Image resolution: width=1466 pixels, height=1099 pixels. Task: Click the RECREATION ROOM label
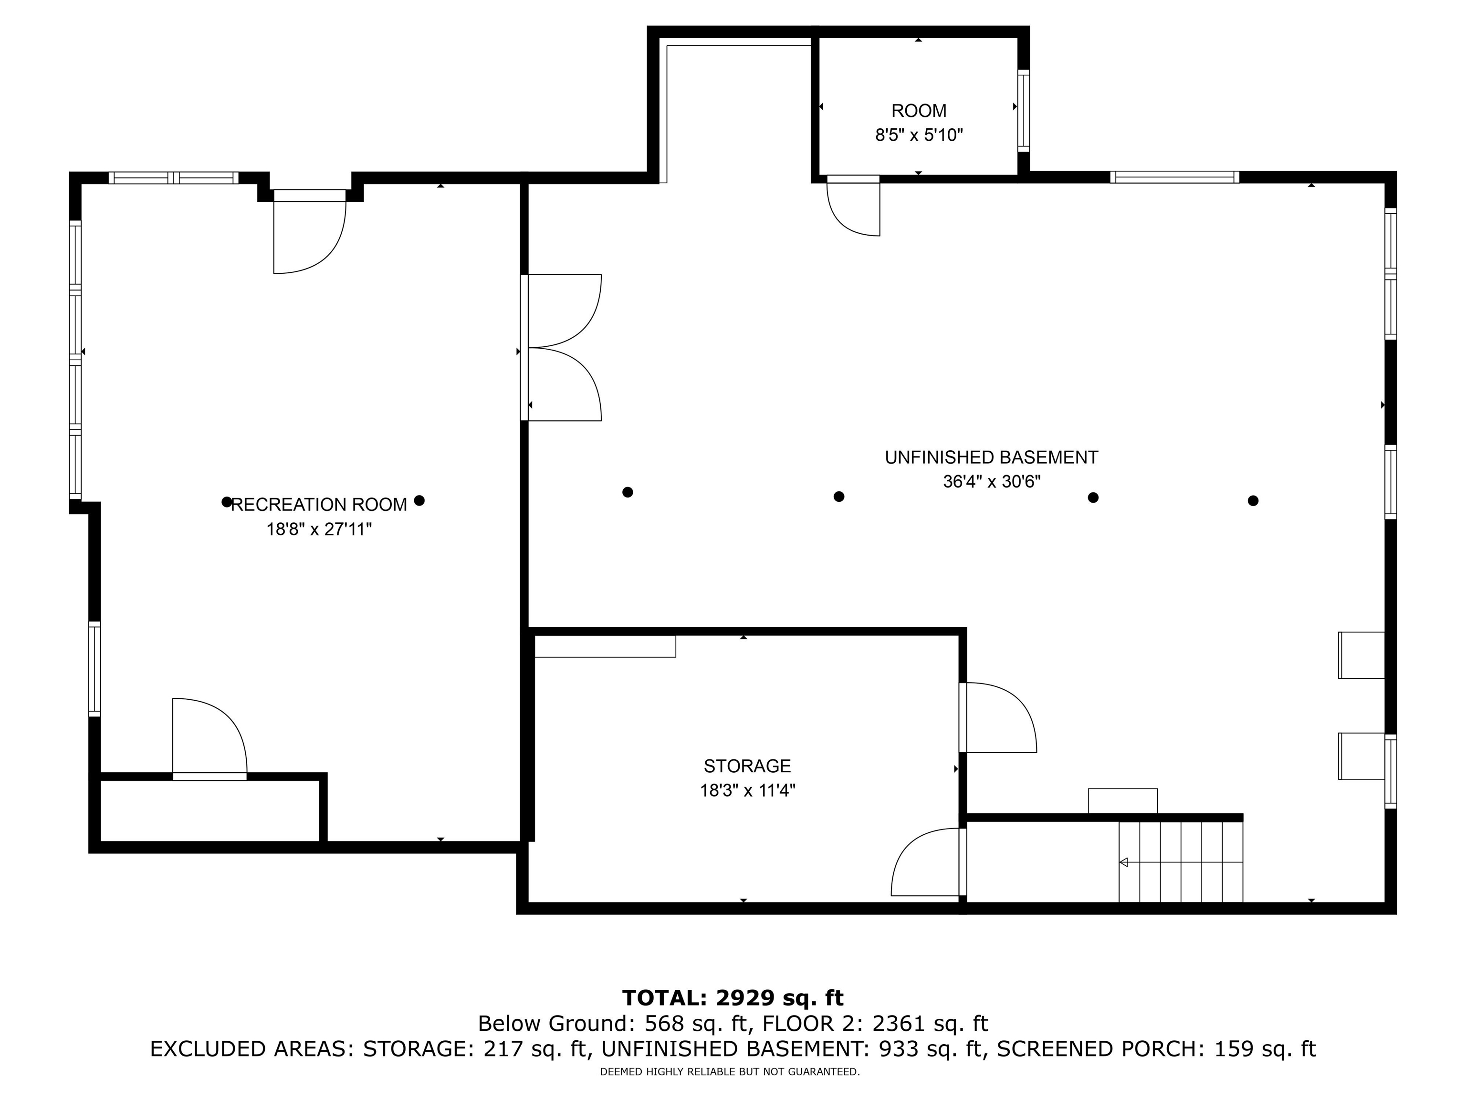pos(319,505)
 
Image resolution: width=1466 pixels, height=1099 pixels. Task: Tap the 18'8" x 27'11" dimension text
pos(319,529)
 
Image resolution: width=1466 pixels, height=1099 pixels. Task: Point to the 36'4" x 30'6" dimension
pos(992,482)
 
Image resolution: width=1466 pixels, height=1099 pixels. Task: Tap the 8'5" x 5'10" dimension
pos(919,135)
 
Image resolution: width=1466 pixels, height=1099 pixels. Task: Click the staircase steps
pos(1180,862)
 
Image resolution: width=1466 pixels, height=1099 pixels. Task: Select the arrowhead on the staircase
pos(1123,862)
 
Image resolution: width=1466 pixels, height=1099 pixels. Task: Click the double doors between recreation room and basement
pos(561,347)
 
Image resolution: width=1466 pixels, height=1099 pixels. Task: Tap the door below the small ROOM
pos(853,206)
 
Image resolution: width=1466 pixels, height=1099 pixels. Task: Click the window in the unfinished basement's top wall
pos(1174,177)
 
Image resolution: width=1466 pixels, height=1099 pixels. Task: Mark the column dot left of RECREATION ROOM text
pos(227,502)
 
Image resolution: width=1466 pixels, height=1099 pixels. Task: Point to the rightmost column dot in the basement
pos(1253,501)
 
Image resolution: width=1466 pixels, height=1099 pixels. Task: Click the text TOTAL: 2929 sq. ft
pos(733,998)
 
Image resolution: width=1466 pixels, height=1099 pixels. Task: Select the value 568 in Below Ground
pos(664,1024)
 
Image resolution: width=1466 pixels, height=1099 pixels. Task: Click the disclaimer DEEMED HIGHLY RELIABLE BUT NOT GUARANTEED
pos(730,1072)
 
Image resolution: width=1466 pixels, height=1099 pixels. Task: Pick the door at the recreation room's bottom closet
pos(209,738)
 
